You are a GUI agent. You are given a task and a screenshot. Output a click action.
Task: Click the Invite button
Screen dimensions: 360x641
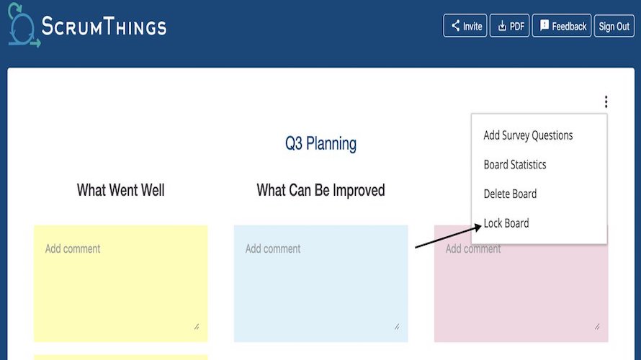465,26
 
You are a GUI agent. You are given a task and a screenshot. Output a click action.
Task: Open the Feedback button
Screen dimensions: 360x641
562,26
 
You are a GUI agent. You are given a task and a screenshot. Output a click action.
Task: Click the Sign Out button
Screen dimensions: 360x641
614,26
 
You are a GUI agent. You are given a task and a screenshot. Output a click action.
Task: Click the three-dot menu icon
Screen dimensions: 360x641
606,102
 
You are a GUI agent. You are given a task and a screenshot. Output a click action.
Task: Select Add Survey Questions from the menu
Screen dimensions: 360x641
528,135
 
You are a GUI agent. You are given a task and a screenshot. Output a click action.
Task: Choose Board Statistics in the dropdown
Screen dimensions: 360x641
515,165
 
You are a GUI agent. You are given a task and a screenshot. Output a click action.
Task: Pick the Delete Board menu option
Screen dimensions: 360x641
510,194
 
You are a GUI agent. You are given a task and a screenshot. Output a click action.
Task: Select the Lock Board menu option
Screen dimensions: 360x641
506,223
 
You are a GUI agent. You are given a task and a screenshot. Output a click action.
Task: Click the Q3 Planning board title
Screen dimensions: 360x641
320,143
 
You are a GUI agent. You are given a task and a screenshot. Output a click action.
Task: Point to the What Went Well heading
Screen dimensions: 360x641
120,191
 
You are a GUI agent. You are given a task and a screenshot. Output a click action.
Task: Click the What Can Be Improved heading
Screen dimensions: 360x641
320,191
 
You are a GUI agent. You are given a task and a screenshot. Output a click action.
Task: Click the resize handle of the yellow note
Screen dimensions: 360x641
197,326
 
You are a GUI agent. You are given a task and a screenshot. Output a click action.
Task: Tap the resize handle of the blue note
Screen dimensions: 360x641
397,326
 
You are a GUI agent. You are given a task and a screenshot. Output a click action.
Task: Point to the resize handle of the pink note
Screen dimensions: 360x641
597,326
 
